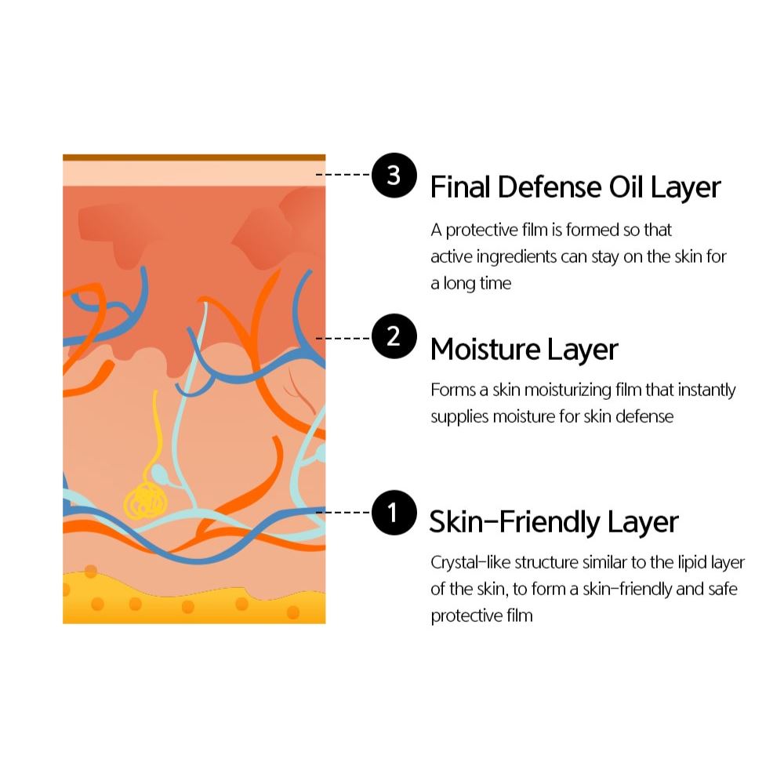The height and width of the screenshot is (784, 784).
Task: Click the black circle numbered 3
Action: [x=394, y=176]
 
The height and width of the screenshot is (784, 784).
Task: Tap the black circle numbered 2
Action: [x=394, y=336]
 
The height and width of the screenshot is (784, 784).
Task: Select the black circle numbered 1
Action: [x=394, y=513]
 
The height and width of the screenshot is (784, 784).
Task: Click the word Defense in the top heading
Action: [x=550, y=187]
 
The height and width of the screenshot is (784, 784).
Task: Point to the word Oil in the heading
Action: [x=626, y=187]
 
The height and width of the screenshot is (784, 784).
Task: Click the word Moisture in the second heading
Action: [x=485, y=349]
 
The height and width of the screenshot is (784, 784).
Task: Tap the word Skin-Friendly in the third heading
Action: [x=514, y=522]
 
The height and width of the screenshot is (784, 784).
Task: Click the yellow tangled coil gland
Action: [x=145, y=501]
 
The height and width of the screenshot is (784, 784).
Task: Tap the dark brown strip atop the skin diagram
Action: [x=194, y=158]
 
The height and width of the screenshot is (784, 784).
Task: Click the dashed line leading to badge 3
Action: [x=343, y=175]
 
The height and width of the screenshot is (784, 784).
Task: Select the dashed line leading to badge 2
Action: [x=343, y=339]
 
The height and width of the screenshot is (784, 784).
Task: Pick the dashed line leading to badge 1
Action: [x=343, y=512]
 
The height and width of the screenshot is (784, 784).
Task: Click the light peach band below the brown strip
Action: [x=194, y=173]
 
